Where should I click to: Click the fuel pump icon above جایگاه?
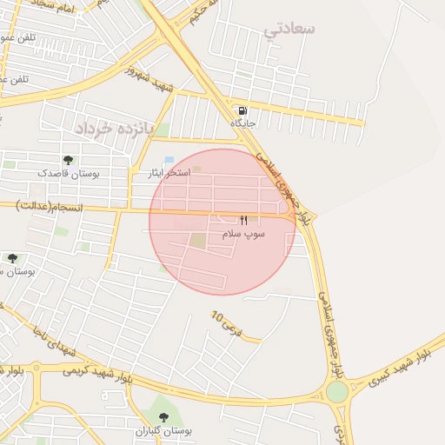click(x=241, y=110)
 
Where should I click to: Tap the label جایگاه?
click(x=242, y=123)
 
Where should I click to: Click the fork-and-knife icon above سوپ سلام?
click(x=243, y=221)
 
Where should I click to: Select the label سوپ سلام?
click(x=243, y=234)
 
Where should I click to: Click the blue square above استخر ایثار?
click(x=169, y=160)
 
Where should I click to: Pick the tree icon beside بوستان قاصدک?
click(x=68, y=160)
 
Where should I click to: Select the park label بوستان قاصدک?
click(x=68, y=174)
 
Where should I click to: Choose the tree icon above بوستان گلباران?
click(x=161, y=416)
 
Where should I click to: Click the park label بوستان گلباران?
click(x=163, y=430)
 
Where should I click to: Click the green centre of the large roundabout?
click(x=336, y=392)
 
